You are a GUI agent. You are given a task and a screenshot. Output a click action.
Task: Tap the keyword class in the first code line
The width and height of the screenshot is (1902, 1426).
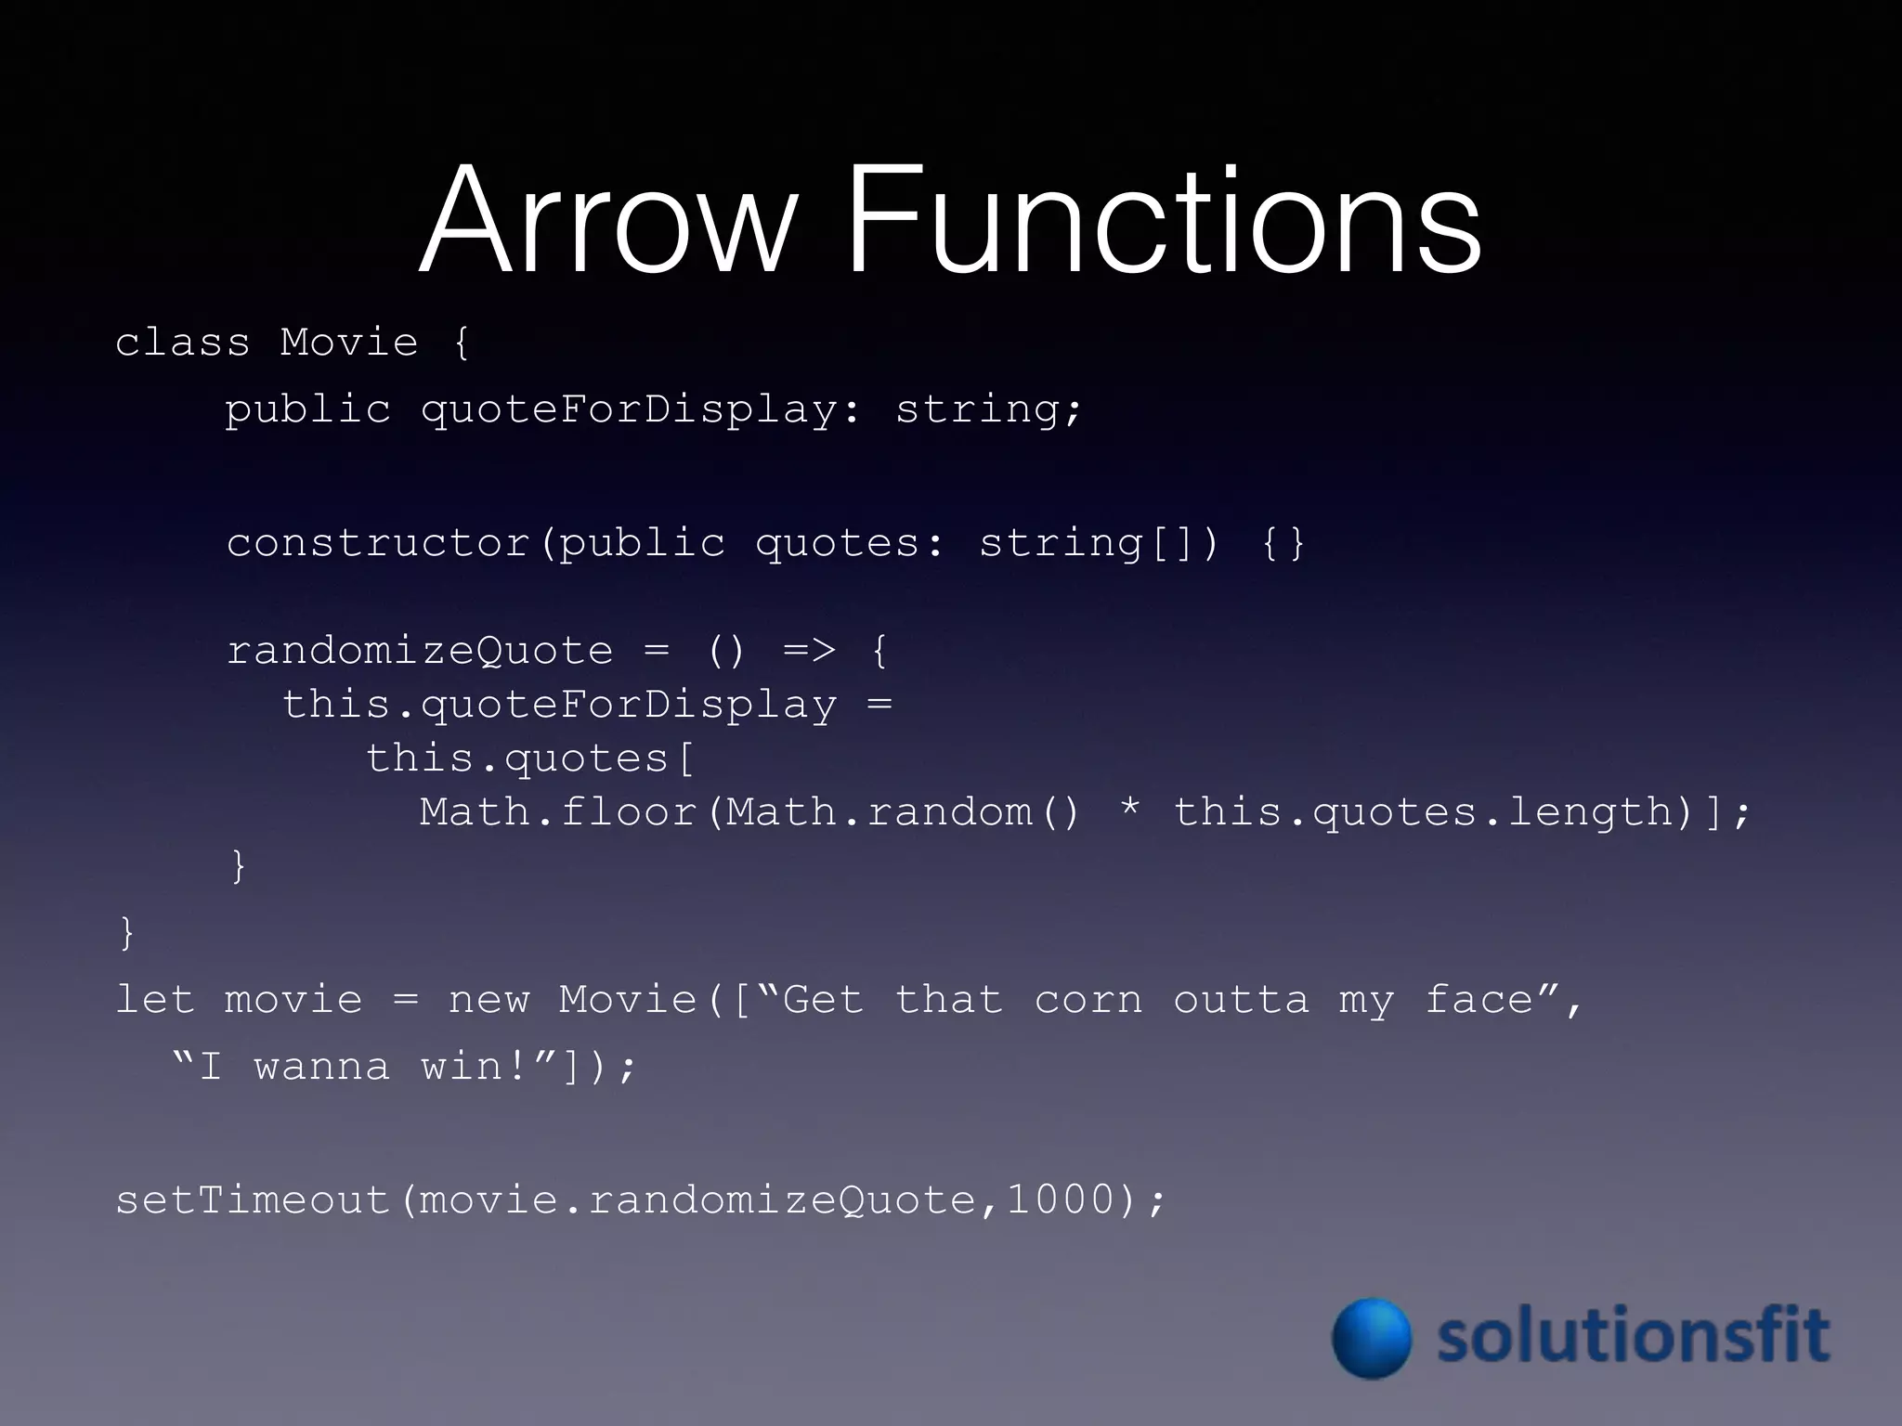[183, 343]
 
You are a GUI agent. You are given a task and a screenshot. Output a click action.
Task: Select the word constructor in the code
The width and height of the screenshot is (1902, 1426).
[379, 543]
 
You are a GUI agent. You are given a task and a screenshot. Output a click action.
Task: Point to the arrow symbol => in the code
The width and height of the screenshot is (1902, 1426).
[810, 650]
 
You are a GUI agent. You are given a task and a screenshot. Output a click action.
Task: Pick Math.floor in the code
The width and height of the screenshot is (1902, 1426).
[558, 812]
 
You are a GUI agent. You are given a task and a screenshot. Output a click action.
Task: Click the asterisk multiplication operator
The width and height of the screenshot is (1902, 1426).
[1130, 810]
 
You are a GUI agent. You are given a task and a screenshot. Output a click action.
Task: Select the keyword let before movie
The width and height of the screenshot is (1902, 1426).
[155, 1000]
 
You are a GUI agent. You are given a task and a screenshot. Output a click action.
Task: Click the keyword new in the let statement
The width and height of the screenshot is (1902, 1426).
[489, 1001]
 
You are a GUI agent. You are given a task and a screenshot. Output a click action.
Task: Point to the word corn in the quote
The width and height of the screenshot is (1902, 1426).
[1088, 1001]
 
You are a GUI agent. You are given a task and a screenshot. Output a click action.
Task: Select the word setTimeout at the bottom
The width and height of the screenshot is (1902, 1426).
[252, 1200]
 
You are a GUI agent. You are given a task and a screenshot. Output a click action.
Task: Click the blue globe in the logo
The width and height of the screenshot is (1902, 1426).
[1372, 1338]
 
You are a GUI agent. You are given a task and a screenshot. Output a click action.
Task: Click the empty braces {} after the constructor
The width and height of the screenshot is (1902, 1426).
[1283, 543]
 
